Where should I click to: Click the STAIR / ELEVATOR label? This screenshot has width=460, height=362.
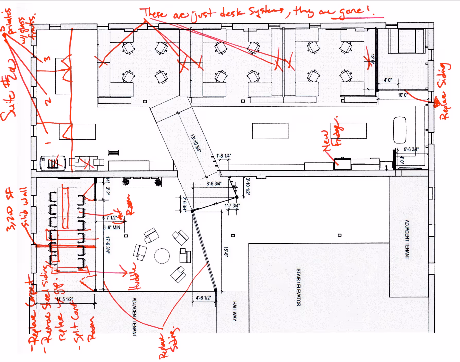[x=298, y=287]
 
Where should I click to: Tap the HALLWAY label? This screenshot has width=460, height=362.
[x=234, y=311]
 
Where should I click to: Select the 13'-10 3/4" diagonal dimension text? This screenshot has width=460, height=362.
[x=196, y=143]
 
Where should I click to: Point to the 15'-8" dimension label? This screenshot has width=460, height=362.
[x=226, y=252]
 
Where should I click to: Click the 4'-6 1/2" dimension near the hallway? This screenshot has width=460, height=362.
[x=203, y=298]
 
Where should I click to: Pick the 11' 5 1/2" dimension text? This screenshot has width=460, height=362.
[x=65, y=299]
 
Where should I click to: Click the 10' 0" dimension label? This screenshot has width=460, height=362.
[x=403, y=95]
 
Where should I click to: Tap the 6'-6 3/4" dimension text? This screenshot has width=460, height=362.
[x=411, y=149]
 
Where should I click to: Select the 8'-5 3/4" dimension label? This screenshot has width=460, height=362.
[x=214, y=184]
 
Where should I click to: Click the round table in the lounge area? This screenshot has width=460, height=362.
[x=162, y=256]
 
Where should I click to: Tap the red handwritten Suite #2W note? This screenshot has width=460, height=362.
[x=9, y=90]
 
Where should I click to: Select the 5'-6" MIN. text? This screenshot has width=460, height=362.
[x=112, y=228]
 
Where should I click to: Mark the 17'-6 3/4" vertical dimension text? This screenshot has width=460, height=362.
[x=108, y=245]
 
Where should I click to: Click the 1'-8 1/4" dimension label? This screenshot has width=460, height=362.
[x=224, y=156]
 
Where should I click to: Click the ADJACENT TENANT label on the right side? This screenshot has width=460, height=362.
[x=407, y=239]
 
